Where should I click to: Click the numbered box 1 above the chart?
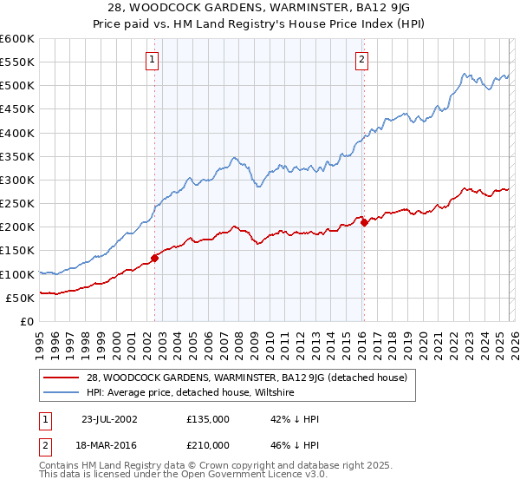tap(152, 60)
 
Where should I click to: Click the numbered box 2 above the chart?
tap(361, 60)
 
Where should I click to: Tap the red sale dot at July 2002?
tap(155, 258)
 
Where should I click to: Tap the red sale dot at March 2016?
tap(364, 223)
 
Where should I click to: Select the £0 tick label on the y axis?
tap(26, 321)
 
